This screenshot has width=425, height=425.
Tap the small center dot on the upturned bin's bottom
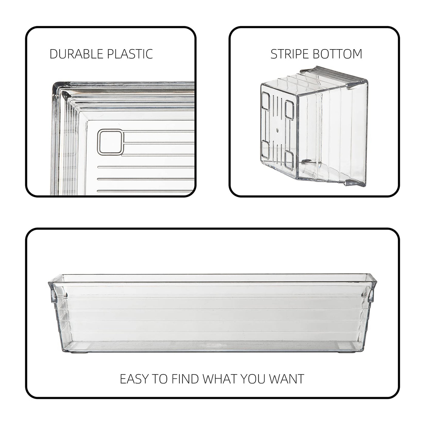click(x=277, y=130)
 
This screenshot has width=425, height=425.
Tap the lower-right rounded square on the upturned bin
click(x=289, y=160)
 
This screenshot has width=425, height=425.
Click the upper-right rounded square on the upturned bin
click(x=289, y=110)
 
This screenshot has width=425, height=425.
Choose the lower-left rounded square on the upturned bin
click(x=265, y=150)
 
